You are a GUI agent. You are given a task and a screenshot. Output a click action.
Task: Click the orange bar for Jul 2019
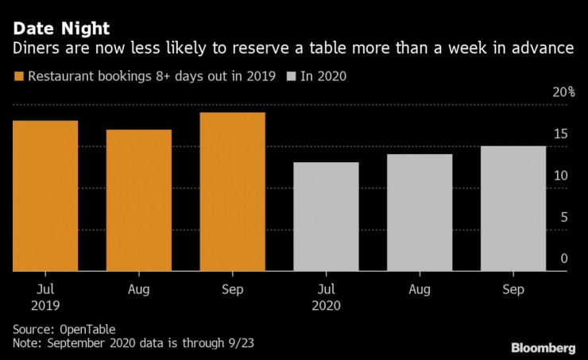(x=45, y=195)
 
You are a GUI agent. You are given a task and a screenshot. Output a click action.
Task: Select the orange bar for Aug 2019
(x=139, y=200)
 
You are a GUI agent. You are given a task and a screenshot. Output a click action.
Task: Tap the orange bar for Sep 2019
(x=233, y=192)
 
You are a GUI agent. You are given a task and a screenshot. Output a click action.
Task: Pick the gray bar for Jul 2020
(x=326, y=216)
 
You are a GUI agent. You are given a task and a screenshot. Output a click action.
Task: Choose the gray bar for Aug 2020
(x=420, y=212)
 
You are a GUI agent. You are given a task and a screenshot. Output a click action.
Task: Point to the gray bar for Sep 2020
(x=513, y=208)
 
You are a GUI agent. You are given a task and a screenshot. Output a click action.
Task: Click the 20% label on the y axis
(x=565, y=92)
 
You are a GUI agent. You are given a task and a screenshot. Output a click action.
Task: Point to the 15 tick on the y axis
(x=560, y=134)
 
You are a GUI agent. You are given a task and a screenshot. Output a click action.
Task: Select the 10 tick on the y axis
(x=560, y=176)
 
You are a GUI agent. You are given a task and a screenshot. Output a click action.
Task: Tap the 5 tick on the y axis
(x=563, y=217)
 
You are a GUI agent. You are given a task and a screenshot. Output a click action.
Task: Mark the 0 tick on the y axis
(x=563, y=258)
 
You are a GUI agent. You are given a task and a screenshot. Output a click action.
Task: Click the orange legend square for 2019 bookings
(x=18, y=77)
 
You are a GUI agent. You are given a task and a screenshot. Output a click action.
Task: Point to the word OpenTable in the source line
(x=88, y=328)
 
